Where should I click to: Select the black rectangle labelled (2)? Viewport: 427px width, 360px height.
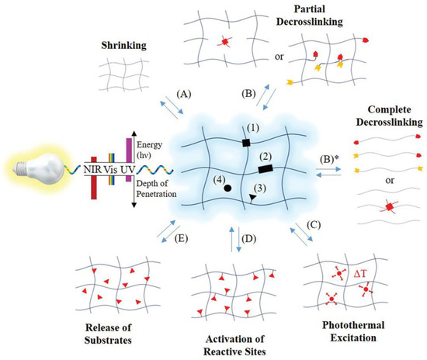pos(264,167)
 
